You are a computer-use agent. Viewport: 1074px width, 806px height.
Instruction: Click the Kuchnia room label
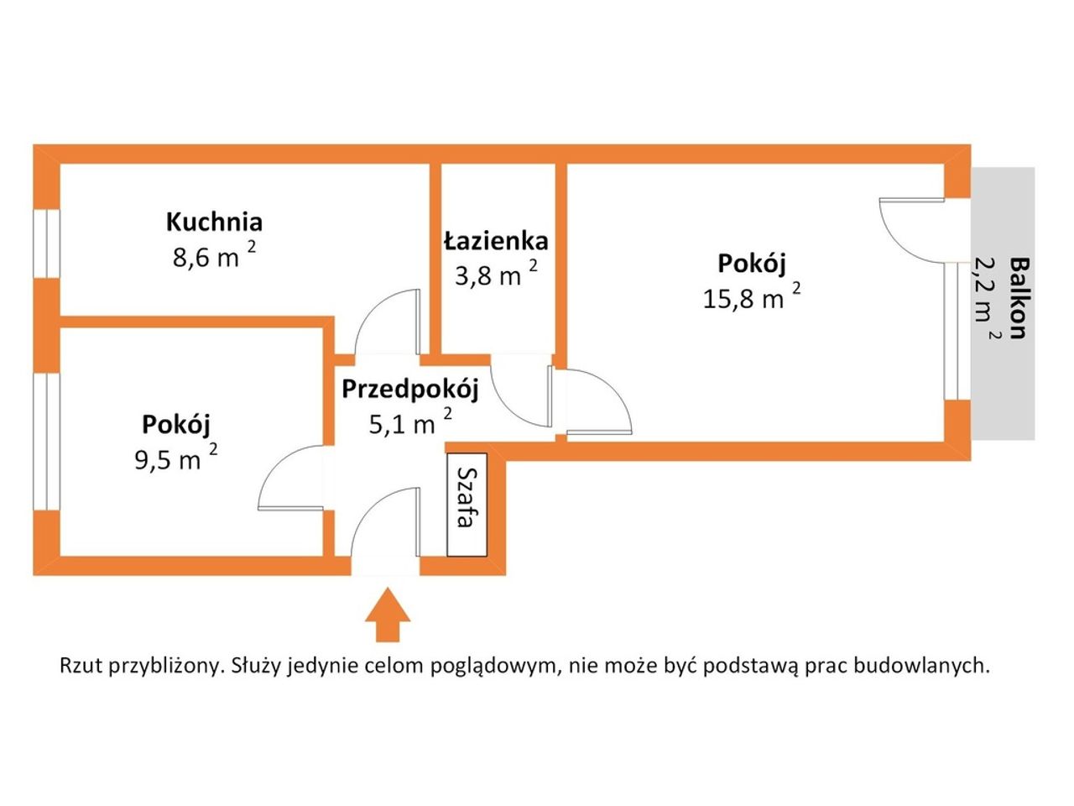coord(214,222)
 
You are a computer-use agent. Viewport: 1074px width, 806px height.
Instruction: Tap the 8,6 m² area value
coord(214,254)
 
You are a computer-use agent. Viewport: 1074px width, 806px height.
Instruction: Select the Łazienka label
coord(496,241)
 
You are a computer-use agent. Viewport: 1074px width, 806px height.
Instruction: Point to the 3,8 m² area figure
coord(496,274)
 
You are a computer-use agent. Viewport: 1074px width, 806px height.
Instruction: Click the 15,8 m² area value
coord(752,296)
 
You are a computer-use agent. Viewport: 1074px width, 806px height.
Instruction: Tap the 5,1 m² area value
coord(410,421)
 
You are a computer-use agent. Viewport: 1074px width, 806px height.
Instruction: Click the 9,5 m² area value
coord(176,457)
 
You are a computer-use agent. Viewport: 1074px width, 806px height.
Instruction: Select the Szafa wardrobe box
coord(467,505)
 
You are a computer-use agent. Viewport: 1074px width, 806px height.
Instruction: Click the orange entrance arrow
coord(388,615)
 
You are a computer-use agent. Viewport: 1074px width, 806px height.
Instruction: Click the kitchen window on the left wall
coord(46,243)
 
